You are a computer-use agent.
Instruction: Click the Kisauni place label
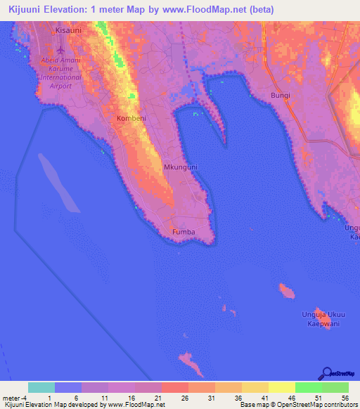pos(70,32)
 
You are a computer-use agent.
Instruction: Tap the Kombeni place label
pos(131,119)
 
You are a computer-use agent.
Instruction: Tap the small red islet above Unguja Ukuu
pos(285,290)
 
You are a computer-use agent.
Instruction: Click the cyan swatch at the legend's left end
pos(41,387)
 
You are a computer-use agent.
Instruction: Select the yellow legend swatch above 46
pos(281,387)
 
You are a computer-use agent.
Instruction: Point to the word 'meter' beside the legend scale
pos(13,398)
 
